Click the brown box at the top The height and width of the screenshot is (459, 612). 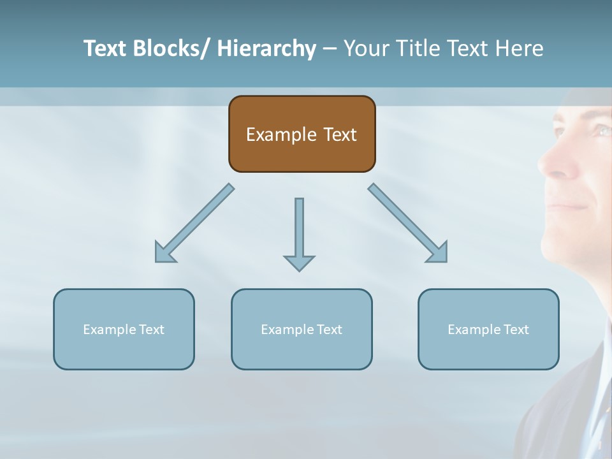point(302,134)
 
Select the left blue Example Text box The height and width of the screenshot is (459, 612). point(124,330)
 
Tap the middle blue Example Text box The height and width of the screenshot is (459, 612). point(302,330)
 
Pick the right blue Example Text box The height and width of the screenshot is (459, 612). point(488,330)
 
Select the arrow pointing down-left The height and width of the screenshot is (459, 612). point(194,223)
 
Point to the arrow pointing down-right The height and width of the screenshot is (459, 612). point(408,223)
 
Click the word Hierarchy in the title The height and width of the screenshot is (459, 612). point(266,48)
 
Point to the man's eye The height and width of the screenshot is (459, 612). point(601,130)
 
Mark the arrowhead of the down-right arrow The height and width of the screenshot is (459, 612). point(437,252)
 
